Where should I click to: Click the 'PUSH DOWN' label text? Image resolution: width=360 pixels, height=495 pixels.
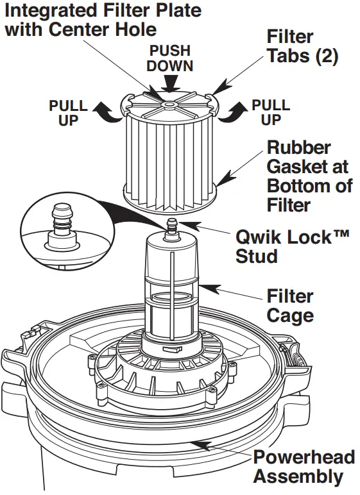pyautogui.click(x=170, y=58)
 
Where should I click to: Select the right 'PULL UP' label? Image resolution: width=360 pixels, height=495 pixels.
pyautogui.click(x=271, y=112)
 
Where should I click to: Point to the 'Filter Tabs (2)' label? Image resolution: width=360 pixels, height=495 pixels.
pyautogui.click(x=302, y=46)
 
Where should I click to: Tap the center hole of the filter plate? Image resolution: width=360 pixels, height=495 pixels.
pyautogui.click(x=168, y=103)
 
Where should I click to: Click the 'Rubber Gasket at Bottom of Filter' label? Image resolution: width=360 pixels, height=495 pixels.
pyautogui.click(x=309, y=176)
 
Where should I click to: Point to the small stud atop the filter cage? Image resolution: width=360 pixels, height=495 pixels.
pyautogui.click(x=170, y=226)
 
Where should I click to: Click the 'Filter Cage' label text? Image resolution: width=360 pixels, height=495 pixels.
pyautogui.click(x=290, y=306)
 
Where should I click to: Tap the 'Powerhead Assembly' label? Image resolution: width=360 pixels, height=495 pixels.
pyautogui.click(x=304, y=467)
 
